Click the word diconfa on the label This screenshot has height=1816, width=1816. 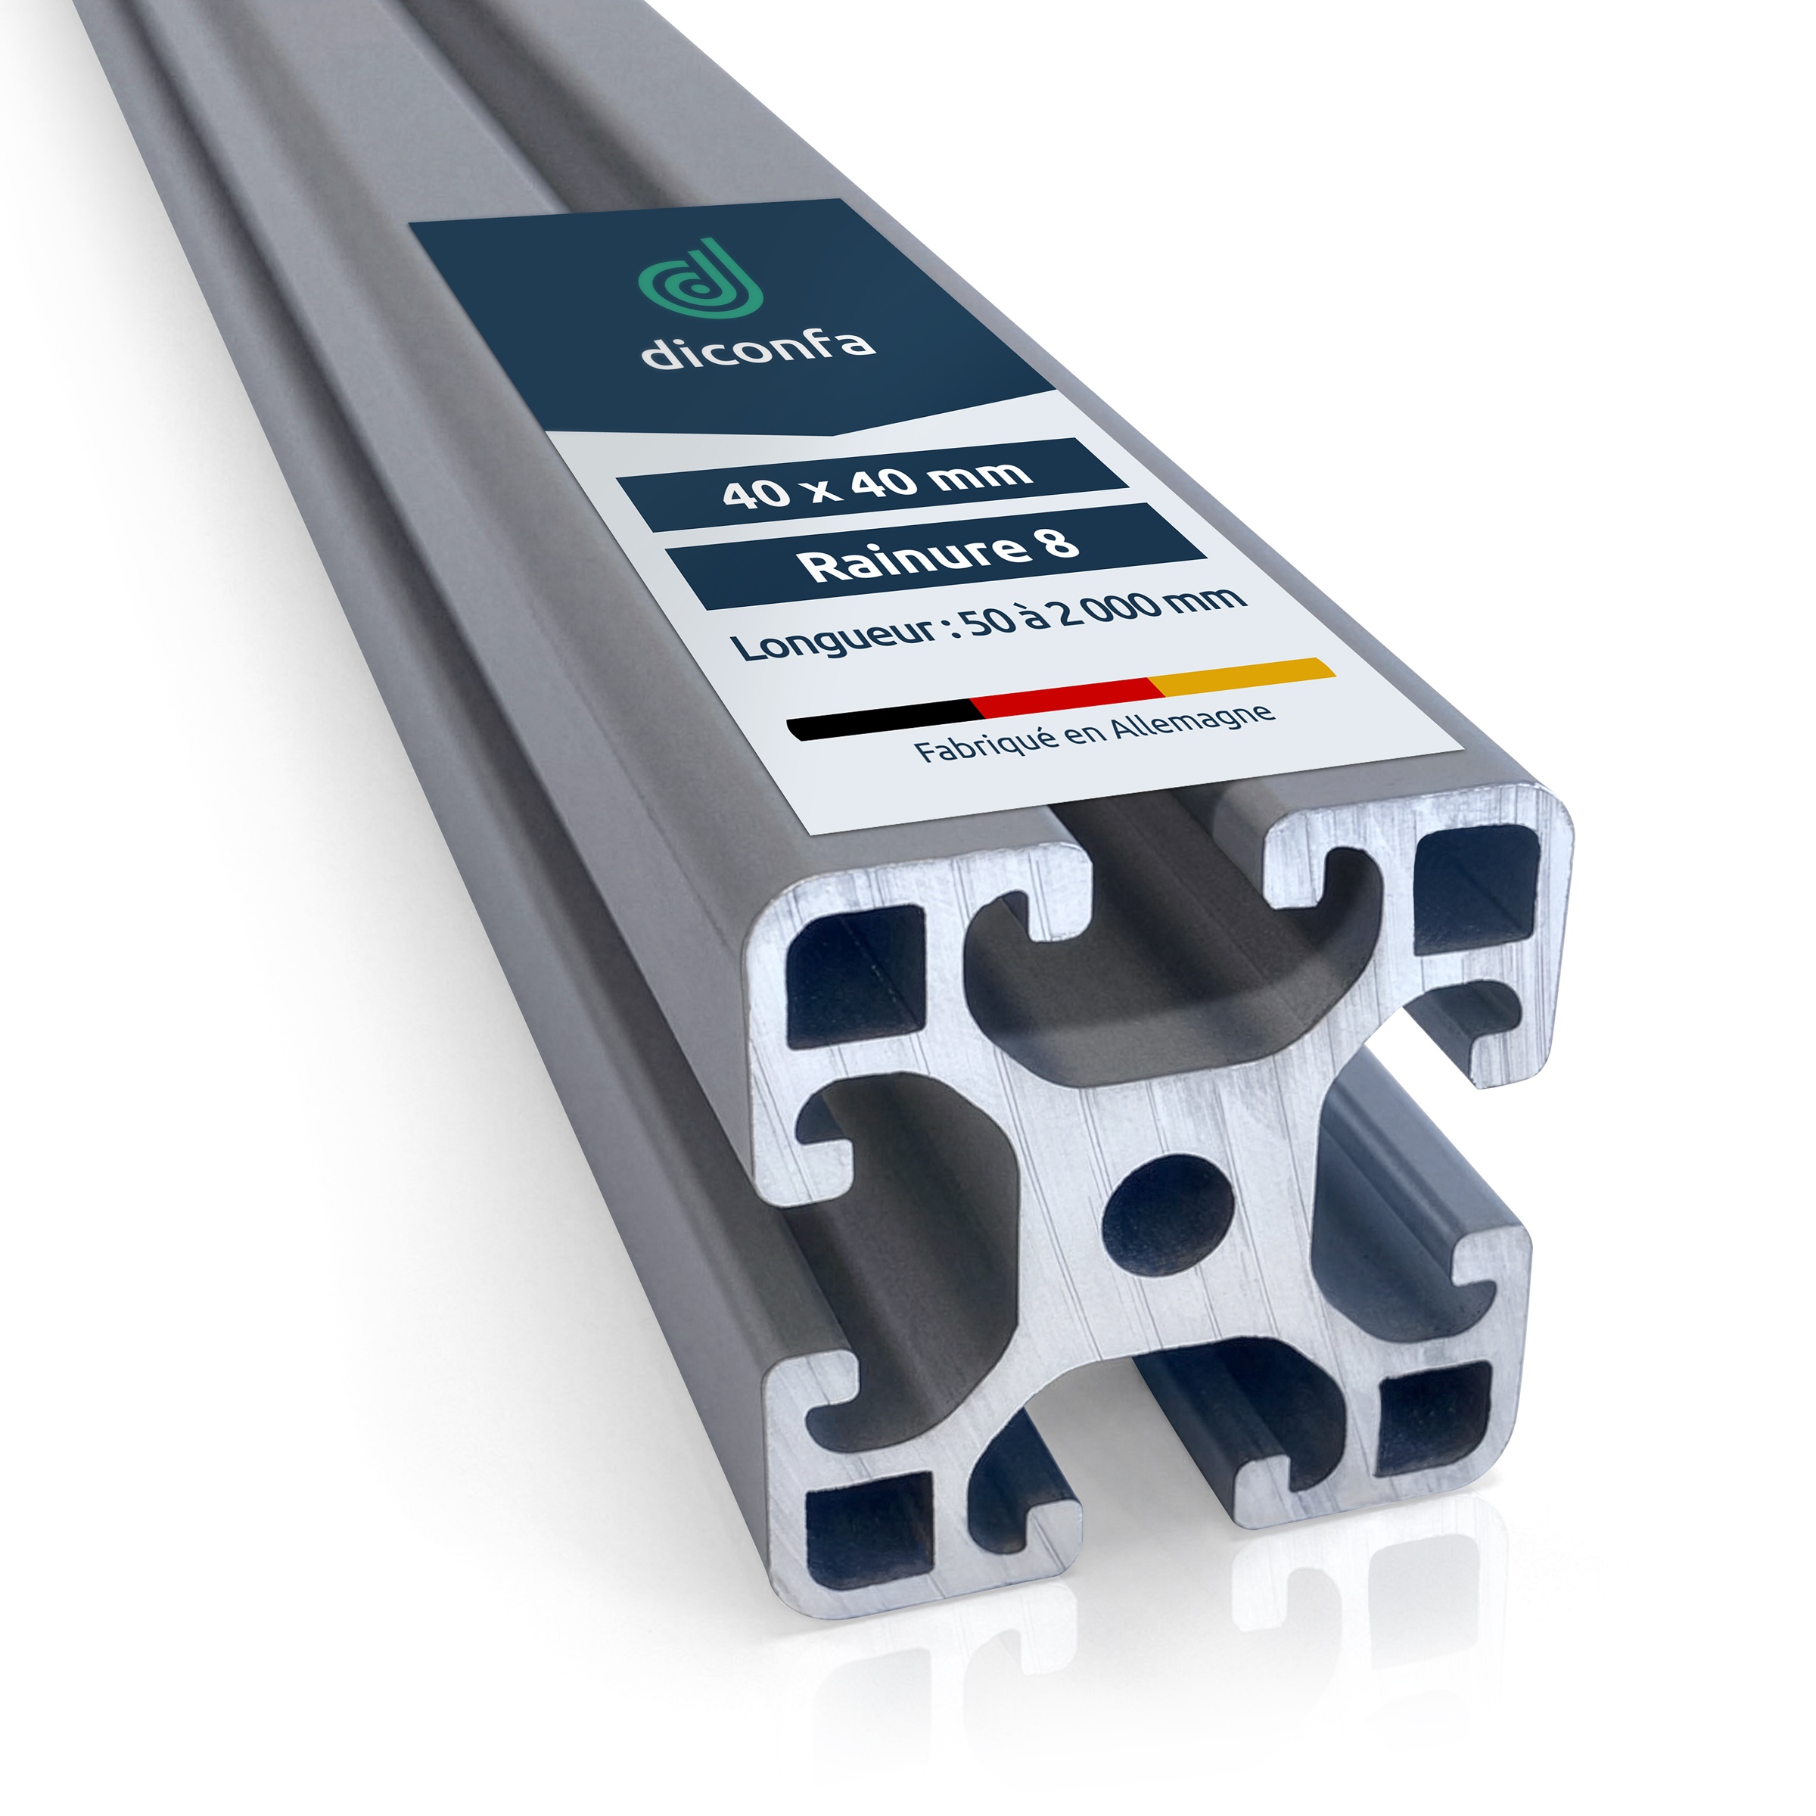(x=757, y=347)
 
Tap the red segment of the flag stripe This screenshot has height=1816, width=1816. (x=1067, y=695)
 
